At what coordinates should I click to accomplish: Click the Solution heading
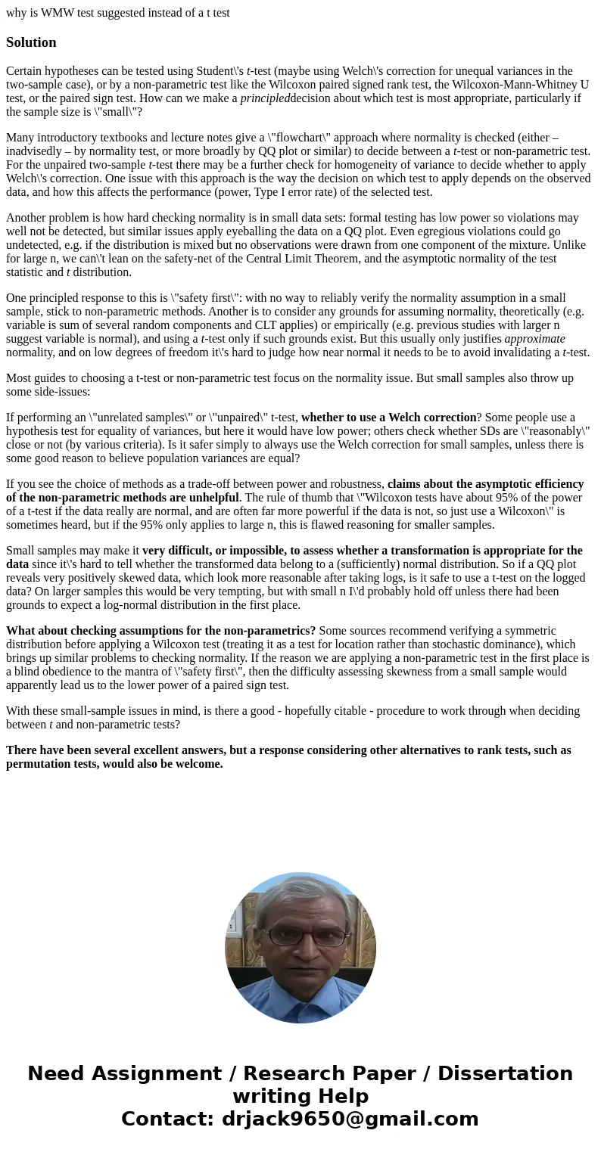[31, 42]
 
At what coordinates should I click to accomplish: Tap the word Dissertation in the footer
[505, 1074]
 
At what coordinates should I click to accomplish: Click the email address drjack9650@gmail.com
[350, 1119]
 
